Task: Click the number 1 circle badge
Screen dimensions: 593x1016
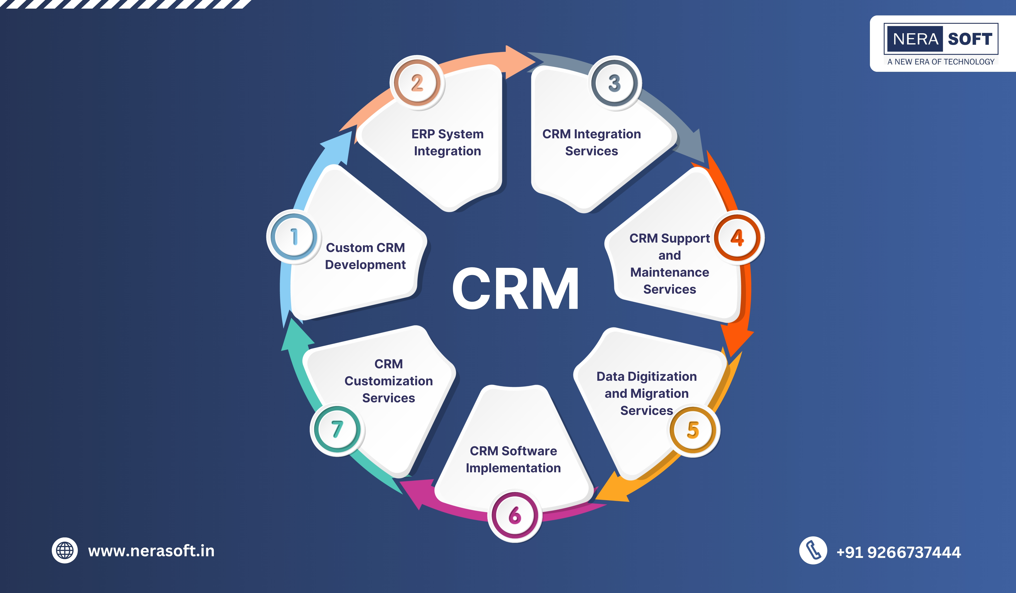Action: coord(294,237)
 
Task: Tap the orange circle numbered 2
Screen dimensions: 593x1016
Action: coord(417,83)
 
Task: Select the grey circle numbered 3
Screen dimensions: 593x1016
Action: coord(614,83)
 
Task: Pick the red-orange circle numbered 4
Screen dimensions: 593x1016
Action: coord(737,238)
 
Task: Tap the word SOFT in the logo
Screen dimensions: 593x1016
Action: coord(970,39)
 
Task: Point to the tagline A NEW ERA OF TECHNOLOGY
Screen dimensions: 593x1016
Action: coord(941,62)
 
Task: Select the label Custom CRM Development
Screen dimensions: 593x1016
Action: coord(365,256)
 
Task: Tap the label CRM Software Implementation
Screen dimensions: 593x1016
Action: coord(513,459)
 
